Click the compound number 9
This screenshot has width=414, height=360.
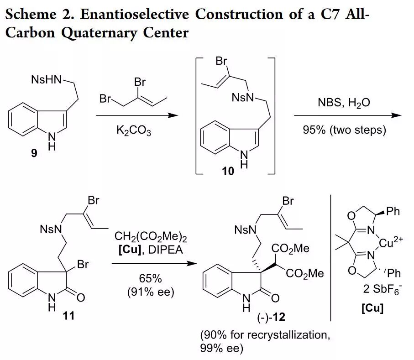(x=35, y=154)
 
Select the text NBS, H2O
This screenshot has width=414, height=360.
(x=344, y=103)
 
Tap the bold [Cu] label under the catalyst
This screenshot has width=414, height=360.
(x=372, y=308)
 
